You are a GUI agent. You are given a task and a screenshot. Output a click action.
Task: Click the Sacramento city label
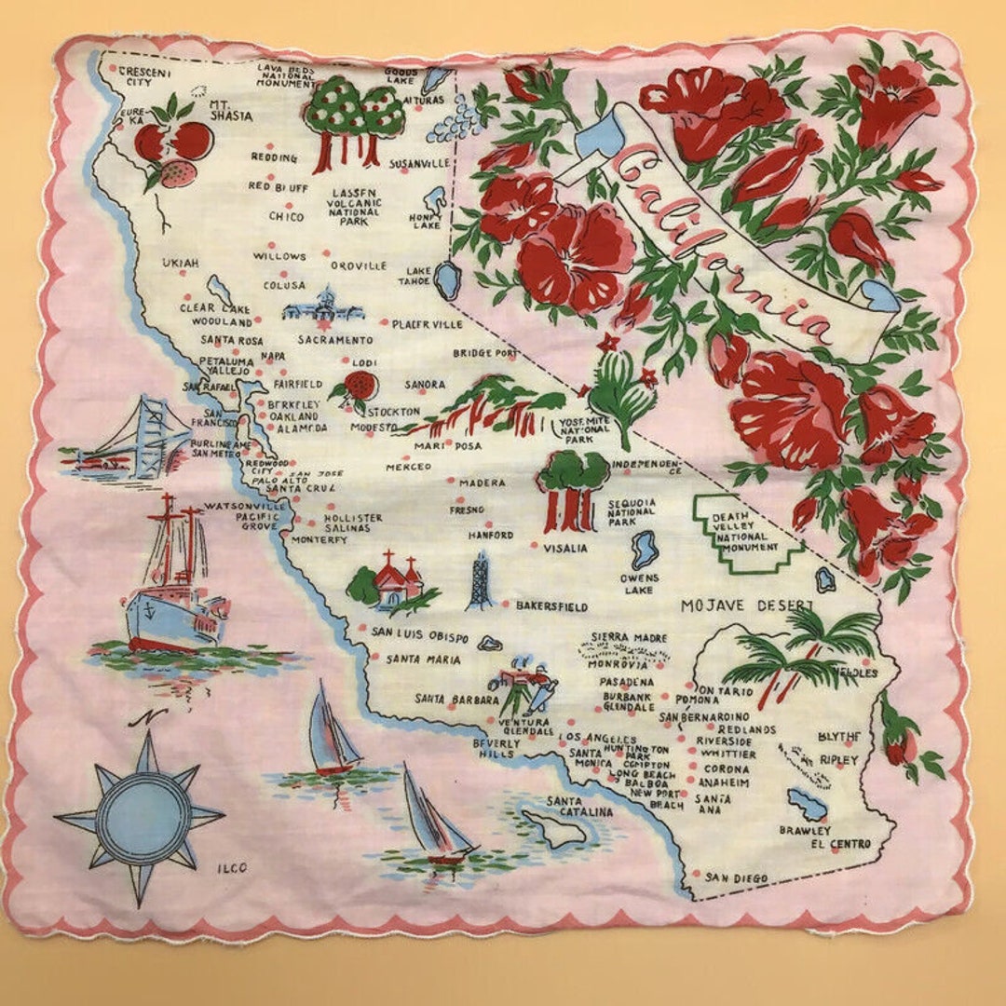335,340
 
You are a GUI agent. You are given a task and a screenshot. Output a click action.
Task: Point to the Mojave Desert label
746,605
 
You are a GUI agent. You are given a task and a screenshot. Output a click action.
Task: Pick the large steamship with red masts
175,587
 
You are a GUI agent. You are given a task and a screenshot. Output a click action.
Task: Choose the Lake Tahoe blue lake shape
448,279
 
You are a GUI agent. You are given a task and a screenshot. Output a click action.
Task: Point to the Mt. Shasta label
230,110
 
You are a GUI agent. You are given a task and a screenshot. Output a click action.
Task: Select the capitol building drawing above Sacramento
322,307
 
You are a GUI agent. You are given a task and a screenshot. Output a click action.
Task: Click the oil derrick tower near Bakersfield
481,580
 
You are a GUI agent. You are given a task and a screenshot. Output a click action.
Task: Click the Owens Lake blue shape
644,551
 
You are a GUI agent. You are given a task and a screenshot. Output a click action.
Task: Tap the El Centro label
840,844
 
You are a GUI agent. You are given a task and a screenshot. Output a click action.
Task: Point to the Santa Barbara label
447,699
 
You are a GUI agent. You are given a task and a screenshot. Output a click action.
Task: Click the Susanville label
419,164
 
